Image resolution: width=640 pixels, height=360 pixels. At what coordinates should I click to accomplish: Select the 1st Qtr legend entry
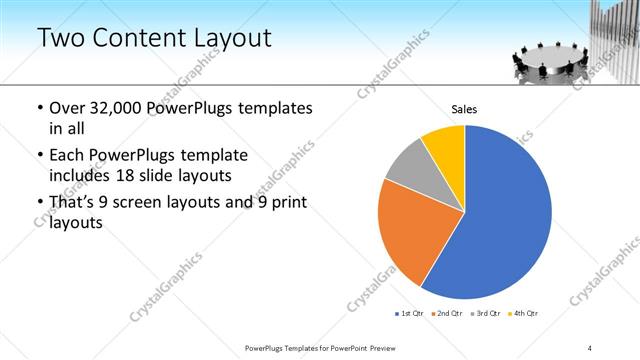[411, 314]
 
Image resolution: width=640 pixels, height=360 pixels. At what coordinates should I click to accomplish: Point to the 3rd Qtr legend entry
[486, 314]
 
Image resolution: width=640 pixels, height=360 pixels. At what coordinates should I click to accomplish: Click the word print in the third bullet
[284, 203]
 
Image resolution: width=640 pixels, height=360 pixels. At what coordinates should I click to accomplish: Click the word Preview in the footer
[383, 348]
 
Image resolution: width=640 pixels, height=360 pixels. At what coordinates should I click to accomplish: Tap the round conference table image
[548, 62]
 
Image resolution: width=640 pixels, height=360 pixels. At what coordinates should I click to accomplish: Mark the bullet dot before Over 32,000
[39, 108]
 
